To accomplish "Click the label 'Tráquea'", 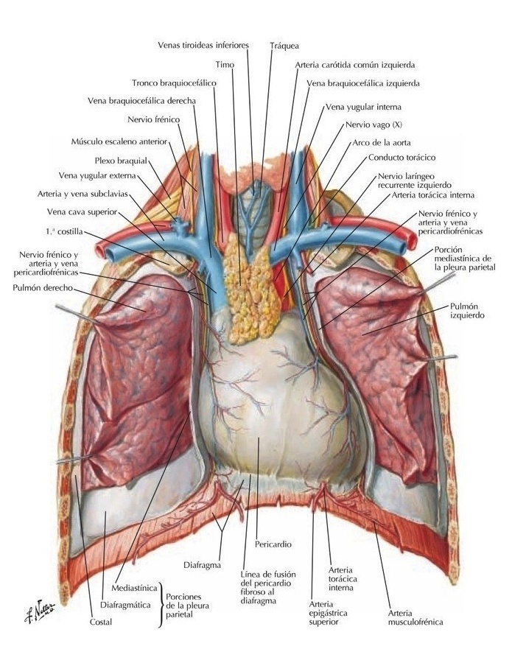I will [x=284, y=45].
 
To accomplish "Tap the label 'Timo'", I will [x=225, y=65].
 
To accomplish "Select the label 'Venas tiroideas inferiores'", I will [x=203, y=45].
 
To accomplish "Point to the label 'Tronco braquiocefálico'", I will [x=174, y=83].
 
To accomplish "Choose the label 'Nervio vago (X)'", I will [x=374, y=124].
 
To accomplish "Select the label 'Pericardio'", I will [x=273, y=544].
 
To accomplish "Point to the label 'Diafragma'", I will [x=203, y=565].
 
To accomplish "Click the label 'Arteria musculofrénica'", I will [x=415, y=617].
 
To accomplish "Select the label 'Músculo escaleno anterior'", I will [x=119, y=141].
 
